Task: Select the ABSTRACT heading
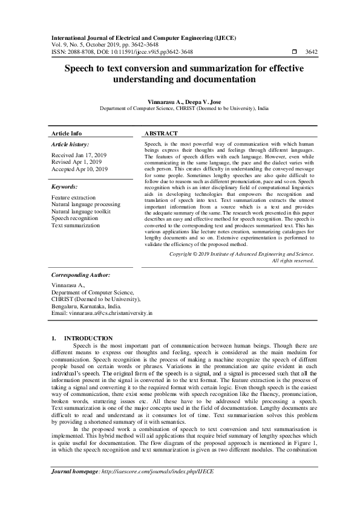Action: [162, 133]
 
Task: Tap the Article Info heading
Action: [67, 133]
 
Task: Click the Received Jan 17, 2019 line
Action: [79, 155]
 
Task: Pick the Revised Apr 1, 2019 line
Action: [76, 162]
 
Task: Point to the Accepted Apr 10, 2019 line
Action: [80, 169]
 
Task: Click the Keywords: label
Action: [64, 187]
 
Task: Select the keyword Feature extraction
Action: [73, 198]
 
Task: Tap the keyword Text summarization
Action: [76, 225]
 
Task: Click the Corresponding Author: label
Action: [80, 274]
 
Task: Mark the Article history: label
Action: [70, 145]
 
